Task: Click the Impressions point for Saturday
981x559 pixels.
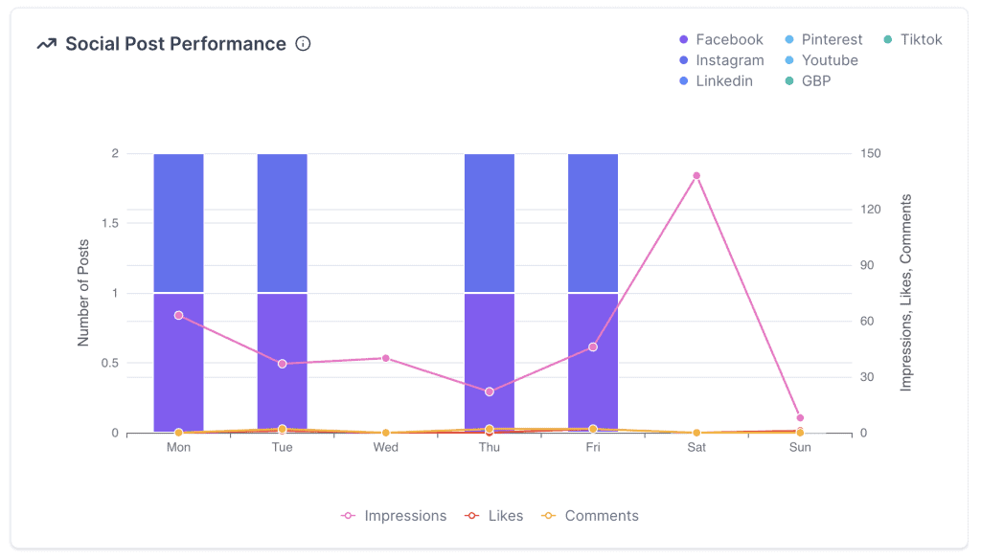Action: click(x=696, y=176)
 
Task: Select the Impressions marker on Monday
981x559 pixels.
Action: click(x=178, y=315)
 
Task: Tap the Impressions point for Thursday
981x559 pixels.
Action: click(x=490, y=391)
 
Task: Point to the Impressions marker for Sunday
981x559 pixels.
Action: click(x=800, y=418)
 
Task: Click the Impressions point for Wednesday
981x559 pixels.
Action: click(x=386, y=358)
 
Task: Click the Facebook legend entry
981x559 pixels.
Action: click(x=720, y=39)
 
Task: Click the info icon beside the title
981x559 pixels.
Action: click(x=304, y=44)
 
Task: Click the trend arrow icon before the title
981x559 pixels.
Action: click(x=46, y=44)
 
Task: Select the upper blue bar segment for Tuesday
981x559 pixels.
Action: click(x=283, y=223)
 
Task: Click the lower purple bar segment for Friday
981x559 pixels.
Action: click(x=593, y=363)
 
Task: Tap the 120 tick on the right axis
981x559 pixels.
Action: click(x=872, y=210)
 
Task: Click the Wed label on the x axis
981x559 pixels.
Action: click(x=386, y=448)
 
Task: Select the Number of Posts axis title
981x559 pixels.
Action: click(x=83, y=293)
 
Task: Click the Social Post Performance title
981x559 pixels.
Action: click(x=175, y=44)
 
